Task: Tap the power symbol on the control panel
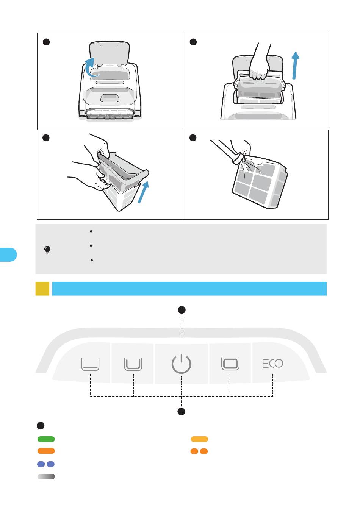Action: click(181, 364)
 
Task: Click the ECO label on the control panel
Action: click(272, 364)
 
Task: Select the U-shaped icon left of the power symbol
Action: click(133, 364)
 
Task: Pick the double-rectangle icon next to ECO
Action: click(230, 364)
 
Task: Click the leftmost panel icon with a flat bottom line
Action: click(90, 364)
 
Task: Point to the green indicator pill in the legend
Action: click(46, 439)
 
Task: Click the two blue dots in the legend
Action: click(46, 464)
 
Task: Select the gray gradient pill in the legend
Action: click(46, 476)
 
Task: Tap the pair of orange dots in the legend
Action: click(199, 451)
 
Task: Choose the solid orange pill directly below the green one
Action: click(46, 451)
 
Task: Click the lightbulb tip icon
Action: click(47, 250)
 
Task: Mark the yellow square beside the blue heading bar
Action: click(42, 289)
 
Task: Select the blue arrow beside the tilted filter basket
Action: click(143, 192)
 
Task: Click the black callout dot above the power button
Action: click(182, 310)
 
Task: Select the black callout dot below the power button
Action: click(182, 412)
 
